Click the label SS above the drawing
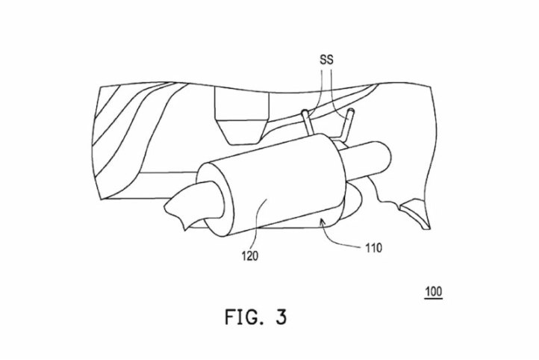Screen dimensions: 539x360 pyautogui.click(x=326, y=60)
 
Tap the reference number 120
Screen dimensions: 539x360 pyautogui.click(x=250, y=256)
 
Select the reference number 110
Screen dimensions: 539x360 pyautogui.click(x=373, y=247)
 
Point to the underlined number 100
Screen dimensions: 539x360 pyautogui.click(x=434, y=291)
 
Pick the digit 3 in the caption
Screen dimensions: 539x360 pyautogui.click(x=281, y=317)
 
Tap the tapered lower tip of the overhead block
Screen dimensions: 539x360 pyautogui.click(x=242, y=131)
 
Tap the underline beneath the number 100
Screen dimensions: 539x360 pyautogui.click(x=434, y=299)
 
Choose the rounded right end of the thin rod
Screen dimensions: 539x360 pyautogui.click(x=386, y=155)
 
